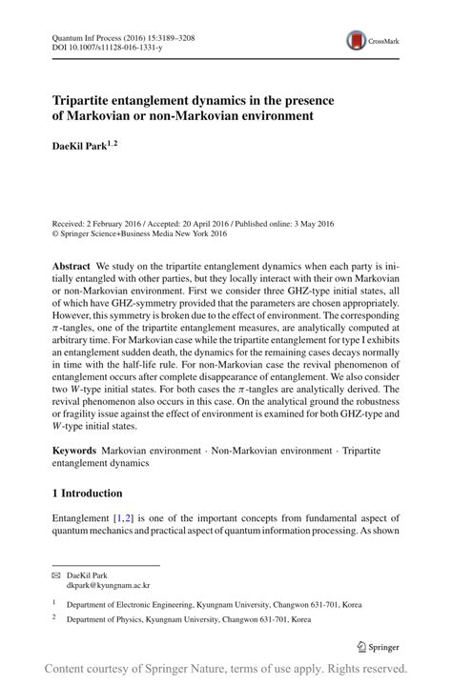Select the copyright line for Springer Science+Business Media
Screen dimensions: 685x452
pos(139,233)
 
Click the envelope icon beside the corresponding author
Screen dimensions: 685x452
pos(56,575)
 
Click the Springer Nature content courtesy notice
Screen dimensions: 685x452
pos(226,669)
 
